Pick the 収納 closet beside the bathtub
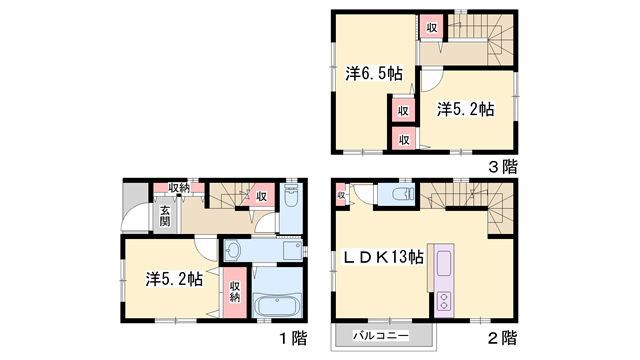pyautogui.click(x=235, y=291)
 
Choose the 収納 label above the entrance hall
pyautogui.click(x=179, y=187)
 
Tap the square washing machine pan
pyautogui.click(x=292, y=250)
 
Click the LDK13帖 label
pyautogui.click(x=383, y=258)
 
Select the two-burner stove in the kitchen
pyautogui.click(x=444, y=299)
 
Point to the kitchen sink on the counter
pyautogui.click(x=444, y=263)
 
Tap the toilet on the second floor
pyautogui.click(x=402, y=194)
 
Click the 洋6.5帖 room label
pyautogui.click(x=374, y=74)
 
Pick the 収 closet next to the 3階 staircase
pyautogui.click(x=431, y=27)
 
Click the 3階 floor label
pyautogui.click(x=503, y=166)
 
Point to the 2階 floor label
pyautogui.click(x=503, y=336)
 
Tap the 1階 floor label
pyautogui.click(x=293, y=336)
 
